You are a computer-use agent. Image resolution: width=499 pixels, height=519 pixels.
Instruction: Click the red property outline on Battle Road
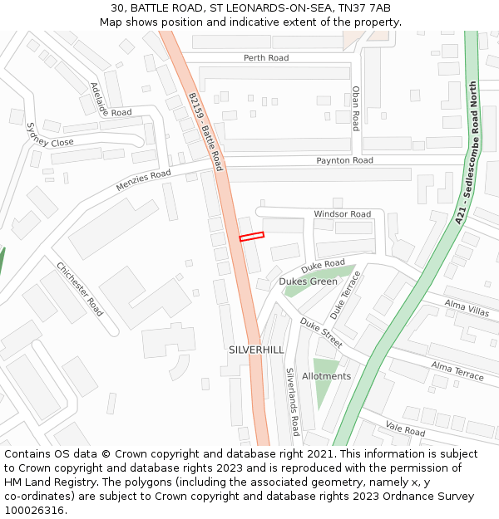coord(251,237)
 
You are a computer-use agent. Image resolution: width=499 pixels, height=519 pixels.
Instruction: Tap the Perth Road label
coord(266,58)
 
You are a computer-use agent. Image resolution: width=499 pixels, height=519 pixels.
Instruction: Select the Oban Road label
coord(356,108)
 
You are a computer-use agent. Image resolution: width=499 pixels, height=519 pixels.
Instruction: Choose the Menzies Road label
coord(143,180)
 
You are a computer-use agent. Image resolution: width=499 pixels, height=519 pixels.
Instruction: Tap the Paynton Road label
coord(344,160)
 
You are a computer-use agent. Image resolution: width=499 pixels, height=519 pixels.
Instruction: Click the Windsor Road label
coord(342,214)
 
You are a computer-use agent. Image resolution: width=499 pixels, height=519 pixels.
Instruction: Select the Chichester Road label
coord(80,289)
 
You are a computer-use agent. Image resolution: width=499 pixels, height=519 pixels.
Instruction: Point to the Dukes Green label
coord(308,282)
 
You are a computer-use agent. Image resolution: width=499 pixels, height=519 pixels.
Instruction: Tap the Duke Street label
coord(321,332)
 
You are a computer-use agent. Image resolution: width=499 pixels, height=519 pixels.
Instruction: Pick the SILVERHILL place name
coord(256,350)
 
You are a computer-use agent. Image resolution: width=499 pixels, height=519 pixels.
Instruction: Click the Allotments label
coord(326,376)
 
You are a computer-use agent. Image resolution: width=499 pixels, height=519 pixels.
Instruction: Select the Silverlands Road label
coord(292,402)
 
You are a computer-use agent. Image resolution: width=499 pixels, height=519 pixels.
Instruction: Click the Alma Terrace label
coord(457,371)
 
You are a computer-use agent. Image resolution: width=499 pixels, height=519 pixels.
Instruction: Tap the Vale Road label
coord(405,429)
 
